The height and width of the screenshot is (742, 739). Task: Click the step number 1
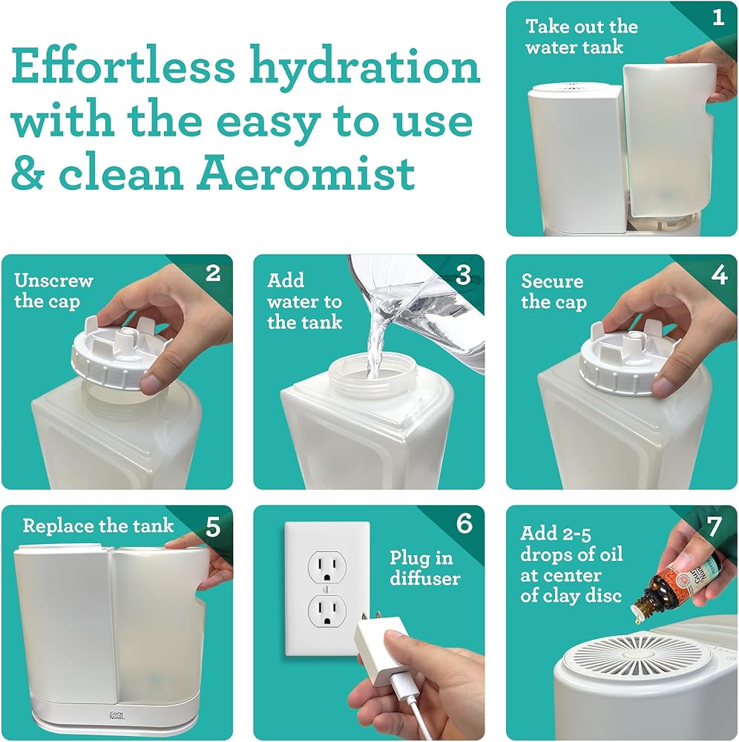(x=718, y=18)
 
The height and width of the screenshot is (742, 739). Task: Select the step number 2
(x=213, y=273)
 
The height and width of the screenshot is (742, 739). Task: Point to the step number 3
(x=464, y=275)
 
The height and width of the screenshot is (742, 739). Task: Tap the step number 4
(x=719, y=274)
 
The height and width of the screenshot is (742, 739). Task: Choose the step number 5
(x=213, y=526)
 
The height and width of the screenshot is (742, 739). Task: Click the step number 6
(x=464, y=523)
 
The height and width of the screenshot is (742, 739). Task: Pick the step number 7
(x=715, y=526)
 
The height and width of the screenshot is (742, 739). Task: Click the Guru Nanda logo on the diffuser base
(x=116, y=715)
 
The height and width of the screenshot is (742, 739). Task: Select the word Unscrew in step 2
(x=53, y=280)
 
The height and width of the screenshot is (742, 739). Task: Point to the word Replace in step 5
(x=58, y=526)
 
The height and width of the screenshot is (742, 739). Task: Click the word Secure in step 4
(x=552, y=281)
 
